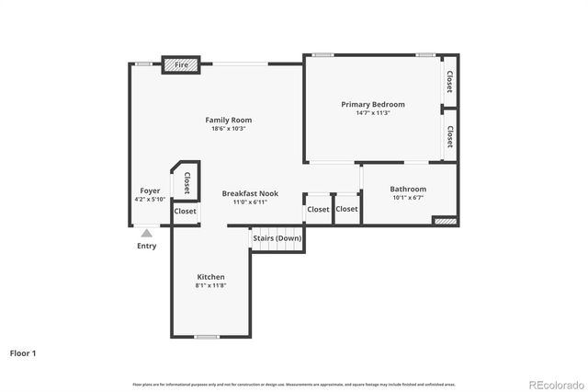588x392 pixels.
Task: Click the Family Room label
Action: (x=228, y=120)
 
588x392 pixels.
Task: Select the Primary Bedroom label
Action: (x=373, y=104)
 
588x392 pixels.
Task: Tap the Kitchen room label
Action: (x=210, y=277)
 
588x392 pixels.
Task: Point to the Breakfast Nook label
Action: (x=250, y=193)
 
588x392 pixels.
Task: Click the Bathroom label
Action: (x=408, y=189)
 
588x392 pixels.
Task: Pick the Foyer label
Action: (x=150, y=190)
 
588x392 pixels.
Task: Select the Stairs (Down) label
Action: (x=277, y=238)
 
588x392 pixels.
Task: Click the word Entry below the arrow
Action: (x=147, y=246)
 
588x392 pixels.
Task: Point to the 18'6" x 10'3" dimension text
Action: (x=228, y=129)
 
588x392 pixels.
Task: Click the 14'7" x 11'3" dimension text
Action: (x=373, y=113)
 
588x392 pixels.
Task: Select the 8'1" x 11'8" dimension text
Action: (x=210, y=286)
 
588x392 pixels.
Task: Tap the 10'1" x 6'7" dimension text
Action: (x=408, y=198)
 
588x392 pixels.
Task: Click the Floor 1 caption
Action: (x=23, y=352)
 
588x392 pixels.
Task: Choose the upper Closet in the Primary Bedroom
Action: (x=450, y=82)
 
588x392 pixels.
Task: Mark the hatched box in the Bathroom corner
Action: (x=445, y=221)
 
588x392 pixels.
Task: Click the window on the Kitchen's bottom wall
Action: (x=206, y=336)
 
